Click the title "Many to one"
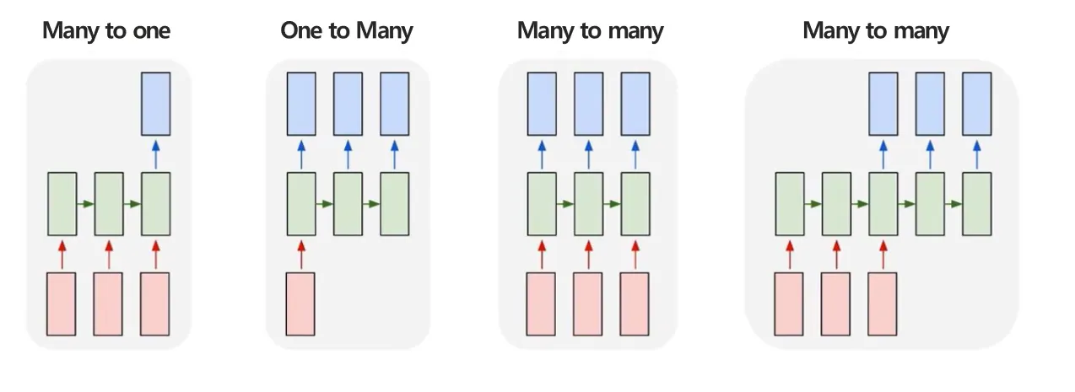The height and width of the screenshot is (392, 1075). pos(106,31)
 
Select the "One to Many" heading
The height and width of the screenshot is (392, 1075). pos(347,31)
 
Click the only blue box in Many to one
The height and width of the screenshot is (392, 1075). pos(155,104)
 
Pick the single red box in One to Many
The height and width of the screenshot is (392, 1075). pos(301,303)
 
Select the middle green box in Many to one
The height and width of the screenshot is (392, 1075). pos(109,203)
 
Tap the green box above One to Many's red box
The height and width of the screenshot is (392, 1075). pos(301,203)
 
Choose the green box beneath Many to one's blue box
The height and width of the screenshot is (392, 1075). pos(155,203)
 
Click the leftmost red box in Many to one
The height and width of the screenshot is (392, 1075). pos(62,303)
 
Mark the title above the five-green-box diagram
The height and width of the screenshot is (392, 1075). pos(876,31)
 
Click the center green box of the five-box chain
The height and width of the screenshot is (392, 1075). pos(883,203)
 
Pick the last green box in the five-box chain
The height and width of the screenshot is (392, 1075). pos(976,203)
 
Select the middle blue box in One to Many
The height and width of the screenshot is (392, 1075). pos(348,104)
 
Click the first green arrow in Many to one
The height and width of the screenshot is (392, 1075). pos(85,203)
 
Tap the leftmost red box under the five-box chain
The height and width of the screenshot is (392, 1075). pos(790,303)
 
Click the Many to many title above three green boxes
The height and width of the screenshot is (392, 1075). pos(590,31)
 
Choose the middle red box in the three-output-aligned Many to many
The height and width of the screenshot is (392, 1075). pos(588,303)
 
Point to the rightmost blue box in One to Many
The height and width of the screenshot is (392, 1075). pos(394,104)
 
